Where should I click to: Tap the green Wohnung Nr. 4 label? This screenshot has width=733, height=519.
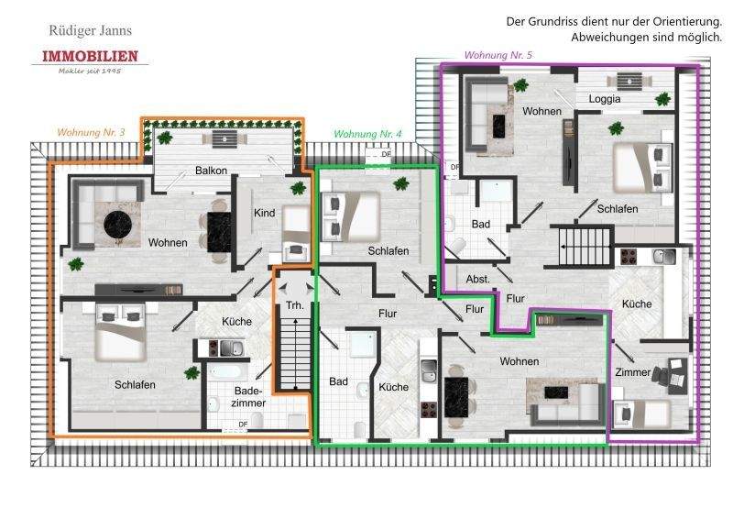tap(367, 134)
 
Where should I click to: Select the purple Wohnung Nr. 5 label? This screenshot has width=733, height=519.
tap(498, 56)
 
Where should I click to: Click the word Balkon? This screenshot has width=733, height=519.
tap(211, 171)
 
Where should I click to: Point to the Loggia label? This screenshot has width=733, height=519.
tap(605, 98)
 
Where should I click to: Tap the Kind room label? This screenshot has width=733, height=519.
tap(264, 213)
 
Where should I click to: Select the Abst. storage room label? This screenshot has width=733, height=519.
tap(477, 279)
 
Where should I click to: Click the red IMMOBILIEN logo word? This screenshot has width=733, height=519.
tap(90, 57)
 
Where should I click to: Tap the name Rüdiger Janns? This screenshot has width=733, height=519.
tap(90, 30)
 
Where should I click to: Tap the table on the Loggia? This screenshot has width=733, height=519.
tap(628, 80)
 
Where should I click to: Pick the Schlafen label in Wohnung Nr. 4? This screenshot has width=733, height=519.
tap(388, 250)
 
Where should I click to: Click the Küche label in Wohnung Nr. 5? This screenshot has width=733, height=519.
tap(636, 304)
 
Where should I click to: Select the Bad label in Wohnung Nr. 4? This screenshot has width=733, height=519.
tap(338, 381)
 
